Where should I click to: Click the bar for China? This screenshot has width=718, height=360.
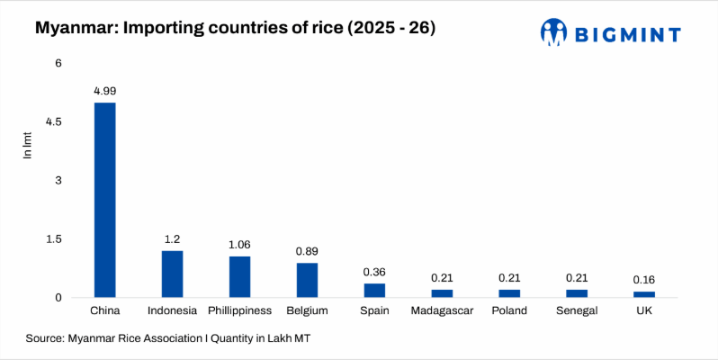pos(104,200)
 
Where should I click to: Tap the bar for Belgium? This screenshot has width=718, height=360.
pos(307,280)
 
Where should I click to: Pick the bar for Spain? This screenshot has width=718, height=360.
pos(374,290)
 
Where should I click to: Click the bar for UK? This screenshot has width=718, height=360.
pos(644,294)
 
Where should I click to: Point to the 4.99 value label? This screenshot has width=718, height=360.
pos(104,91)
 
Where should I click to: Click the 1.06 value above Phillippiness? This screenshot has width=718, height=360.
pos(239,244)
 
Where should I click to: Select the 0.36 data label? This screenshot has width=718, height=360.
pos(374,272)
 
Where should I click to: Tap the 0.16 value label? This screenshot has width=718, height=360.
pos(644,279)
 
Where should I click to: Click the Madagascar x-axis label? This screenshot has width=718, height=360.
pos(442,311)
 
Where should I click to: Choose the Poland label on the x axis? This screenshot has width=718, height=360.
pos(509,311)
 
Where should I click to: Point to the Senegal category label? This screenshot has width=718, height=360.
pos(577,311)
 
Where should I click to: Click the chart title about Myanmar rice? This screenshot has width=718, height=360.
pos(235,29)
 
